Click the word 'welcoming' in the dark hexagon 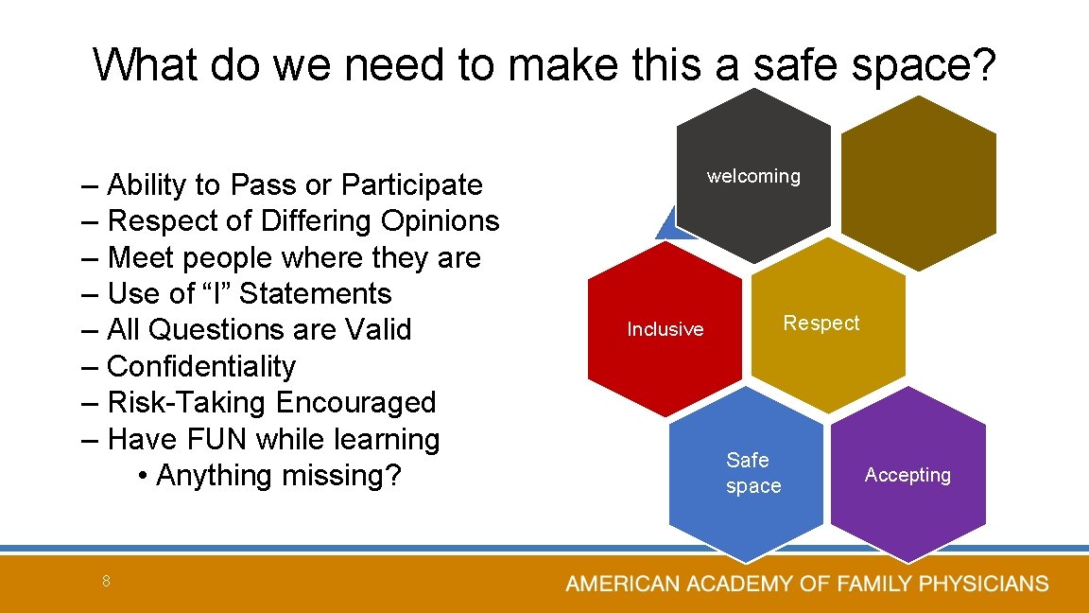coord(753,177)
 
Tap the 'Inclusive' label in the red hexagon coord(665,329)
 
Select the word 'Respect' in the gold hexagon coord(821,324)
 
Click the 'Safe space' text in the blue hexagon coord(752,473)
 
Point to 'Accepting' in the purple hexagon coord(907,475)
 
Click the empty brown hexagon coord(917,180)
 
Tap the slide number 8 coord(107,582)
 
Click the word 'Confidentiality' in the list coord(201,366)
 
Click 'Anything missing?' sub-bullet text coord(279,475)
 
